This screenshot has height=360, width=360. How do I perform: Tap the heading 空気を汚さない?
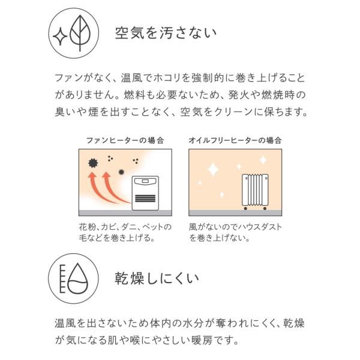point(166,33)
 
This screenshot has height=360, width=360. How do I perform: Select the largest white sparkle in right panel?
point(212,169)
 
